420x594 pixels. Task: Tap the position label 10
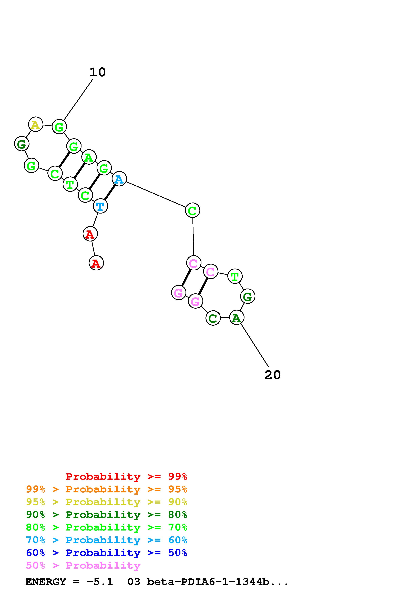coord(98,72)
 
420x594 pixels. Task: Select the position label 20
coord(272,375)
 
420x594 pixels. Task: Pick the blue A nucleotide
coord(119,179)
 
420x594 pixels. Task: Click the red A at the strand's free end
coord(96,263)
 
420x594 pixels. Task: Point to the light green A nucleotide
coord(89,157)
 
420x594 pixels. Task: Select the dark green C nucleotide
coord(213,318)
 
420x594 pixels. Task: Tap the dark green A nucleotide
coord(237,317)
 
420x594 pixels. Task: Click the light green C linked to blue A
coord(192,210)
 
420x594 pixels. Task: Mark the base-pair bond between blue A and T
coord(110,193)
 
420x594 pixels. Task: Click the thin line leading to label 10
coord(78,100)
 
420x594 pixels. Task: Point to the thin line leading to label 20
coord(255,345)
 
